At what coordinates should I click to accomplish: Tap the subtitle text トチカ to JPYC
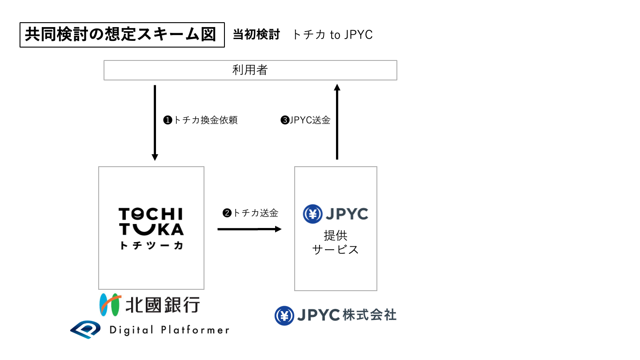(x=332, y=35)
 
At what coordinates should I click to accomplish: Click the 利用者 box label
(x=250, y=70)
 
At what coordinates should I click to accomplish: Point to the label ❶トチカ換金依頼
(x=200, y=120)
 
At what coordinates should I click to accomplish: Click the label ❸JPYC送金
(x=306, y=120)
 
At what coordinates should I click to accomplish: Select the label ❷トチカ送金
(x=251, y=213)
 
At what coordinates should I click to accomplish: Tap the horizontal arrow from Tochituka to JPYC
(x=249, y=229)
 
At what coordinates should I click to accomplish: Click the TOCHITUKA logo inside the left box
(x=151, y=221)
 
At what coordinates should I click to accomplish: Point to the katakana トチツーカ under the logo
(x=151, y=245)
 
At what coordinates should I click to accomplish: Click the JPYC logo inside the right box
(x=336, y=214)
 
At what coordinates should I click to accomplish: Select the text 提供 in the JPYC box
(x=336, y=235)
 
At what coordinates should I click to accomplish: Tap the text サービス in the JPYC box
(x=336, y=250)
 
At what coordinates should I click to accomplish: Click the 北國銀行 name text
(x=163, y=305)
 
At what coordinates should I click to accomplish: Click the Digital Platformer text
(x=169, y=330)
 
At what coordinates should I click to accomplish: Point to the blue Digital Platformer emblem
(x=87, y=329)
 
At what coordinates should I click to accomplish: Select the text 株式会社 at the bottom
(x=369, y=315)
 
